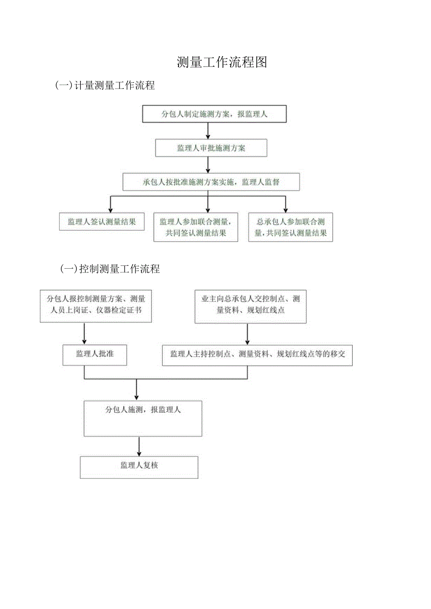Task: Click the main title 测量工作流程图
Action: point(222,62)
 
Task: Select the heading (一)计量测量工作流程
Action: point(105,85)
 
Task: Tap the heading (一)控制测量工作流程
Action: point(110,269)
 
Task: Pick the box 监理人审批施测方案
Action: point(211,148)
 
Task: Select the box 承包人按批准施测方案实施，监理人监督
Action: point(211,182)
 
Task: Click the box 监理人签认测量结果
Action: point(102,222)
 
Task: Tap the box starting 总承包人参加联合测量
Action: point(290,227)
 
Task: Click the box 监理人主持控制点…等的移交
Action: point(258,354)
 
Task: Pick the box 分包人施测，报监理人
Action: point(143,418)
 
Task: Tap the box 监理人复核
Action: point(139,467)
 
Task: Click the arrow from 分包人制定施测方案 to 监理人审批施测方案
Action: point(208,131)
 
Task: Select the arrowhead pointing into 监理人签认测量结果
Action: point(111,209)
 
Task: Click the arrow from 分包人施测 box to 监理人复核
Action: point(139,447)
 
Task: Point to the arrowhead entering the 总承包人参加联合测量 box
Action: point(285,209)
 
